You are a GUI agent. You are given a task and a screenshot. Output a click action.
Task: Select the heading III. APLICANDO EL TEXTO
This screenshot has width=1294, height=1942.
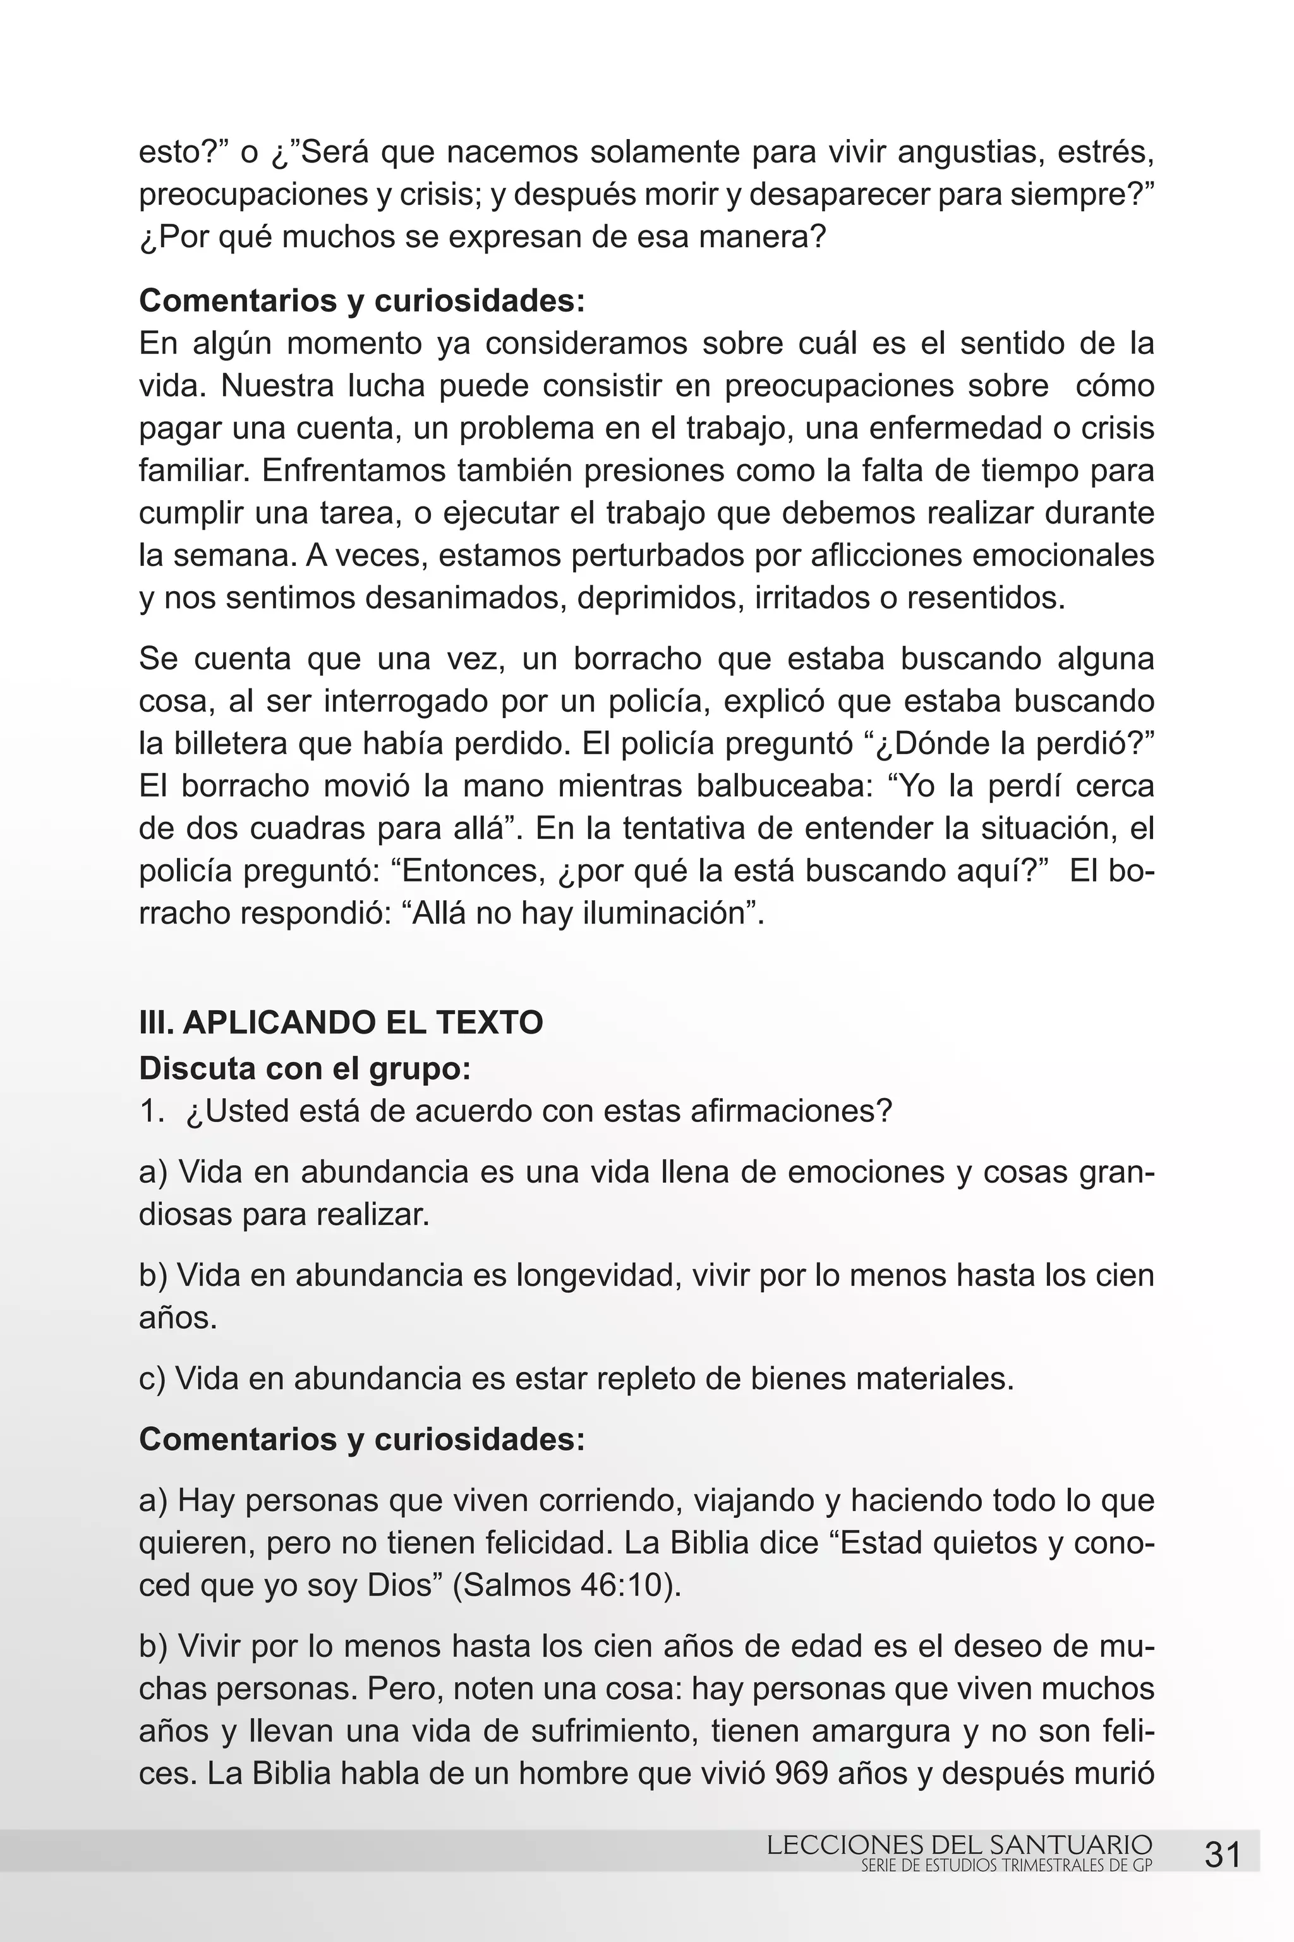(341, 1022)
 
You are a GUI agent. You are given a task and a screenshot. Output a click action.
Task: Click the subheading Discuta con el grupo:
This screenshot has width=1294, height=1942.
(305, 1068)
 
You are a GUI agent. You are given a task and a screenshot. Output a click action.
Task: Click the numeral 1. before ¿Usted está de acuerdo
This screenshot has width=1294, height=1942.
(152, 1111)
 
